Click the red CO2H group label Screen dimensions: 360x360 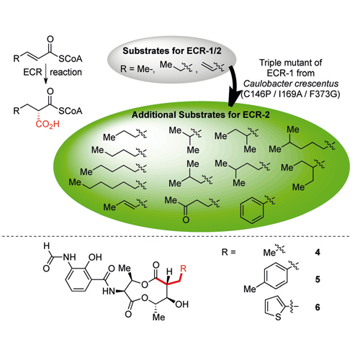tap(48, 125)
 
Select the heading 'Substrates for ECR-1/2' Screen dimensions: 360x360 tap(172, 51)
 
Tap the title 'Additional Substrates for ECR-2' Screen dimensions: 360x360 tap(201, 114)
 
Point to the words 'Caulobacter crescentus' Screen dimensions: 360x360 tap(291, 84)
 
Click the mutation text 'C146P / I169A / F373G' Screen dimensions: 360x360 tap(291, 94)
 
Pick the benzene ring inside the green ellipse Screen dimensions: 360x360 tap(252, 210)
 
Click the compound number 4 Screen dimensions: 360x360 tap(318, 252)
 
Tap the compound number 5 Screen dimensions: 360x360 tap(318, 279)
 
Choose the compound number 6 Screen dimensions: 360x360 tap(318, 307)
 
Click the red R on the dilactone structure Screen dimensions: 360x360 tap(183, 269)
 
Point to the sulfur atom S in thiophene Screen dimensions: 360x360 tap(278, 317)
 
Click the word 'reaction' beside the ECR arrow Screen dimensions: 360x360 tap(66, 72)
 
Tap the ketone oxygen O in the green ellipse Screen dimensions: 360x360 tap(186, 220)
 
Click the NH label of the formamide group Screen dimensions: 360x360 tap(69, 257)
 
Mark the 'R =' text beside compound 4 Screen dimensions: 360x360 tap(229, 252)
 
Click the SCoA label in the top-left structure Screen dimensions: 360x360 tap(71, 59)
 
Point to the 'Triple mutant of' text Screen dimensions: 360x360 tap(291, 63)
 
